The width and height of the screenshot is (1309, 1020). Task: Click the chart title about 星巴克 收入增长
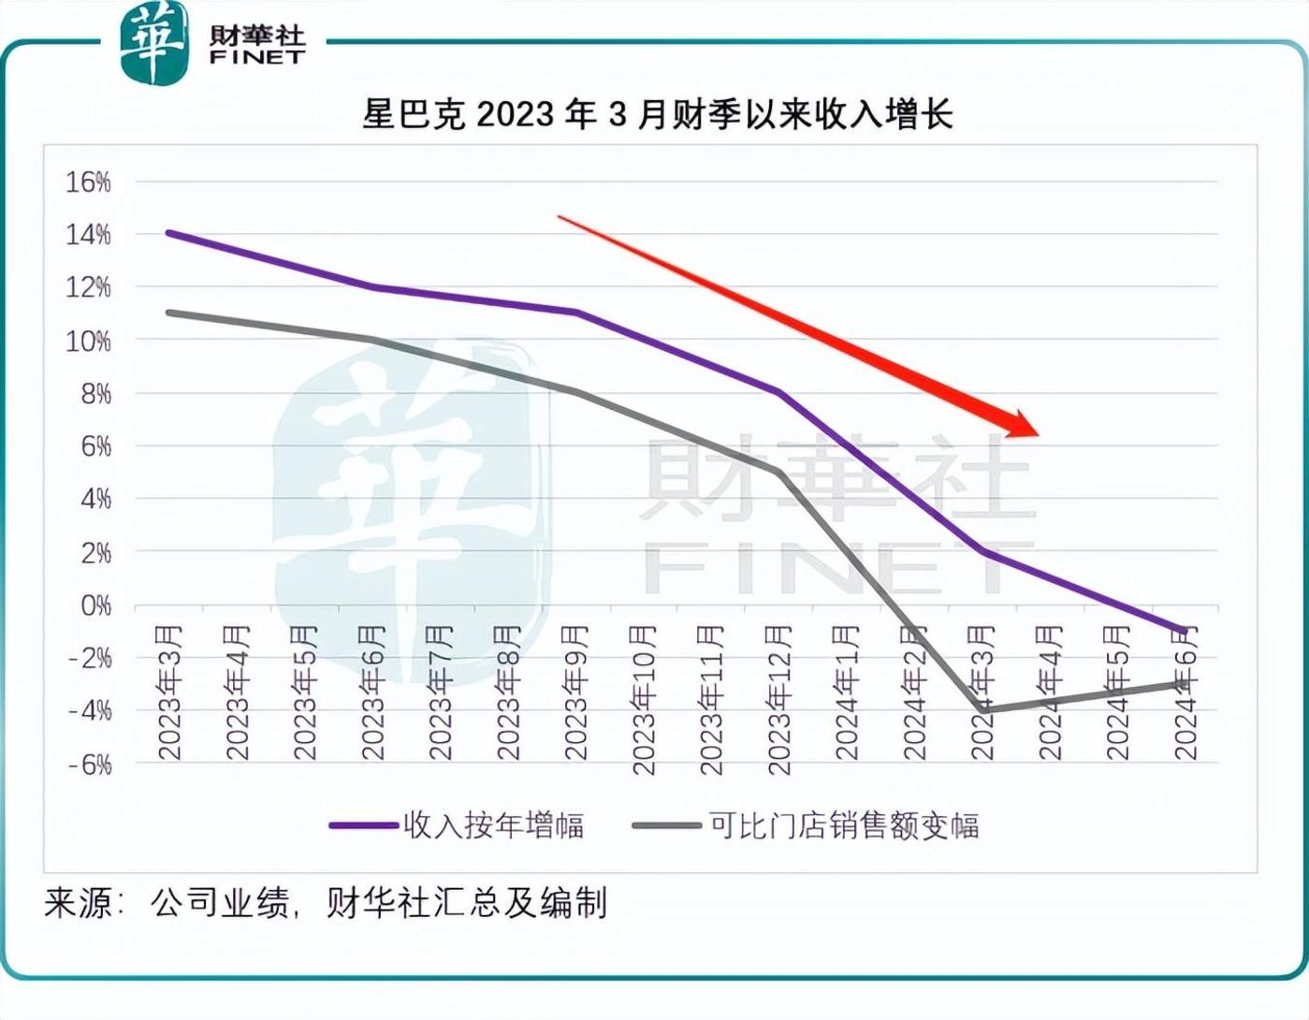tap(658, 115)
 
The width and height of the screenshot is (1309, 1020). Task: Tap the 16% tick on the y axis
tap(89, 182)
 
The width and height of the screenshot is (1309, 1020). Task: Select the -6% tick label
tap(90, 765)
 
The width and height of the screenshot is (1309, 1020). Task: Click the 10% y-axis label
tap(89, 341)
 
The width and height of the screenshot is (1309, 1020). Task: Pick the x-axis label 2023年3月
tap(170, 692)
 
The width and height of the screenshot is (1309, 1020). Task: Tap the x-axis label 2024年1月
tap(847, 692)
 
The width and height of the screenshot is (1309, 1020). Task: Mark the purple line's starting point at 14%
tap(168, 233)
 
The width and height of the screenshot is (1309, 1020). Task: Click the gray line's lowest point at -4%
tap(982, 710)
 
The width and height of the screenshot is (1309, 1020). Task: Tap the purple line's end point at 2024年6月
tap(1185, 632)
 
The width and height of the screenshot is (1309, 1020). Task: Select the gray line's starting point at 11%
tap(168, 313)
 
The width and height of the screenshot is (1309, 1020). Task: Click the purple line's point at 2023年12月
tap(778, 393)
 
